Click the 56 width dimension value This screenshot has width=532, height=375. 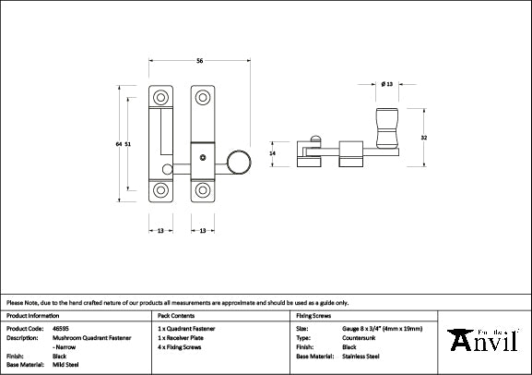point(200,61)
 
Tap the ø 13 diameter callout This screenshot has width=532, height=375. point(387,85)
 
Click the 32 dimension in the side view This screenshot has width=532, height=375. point(423,137)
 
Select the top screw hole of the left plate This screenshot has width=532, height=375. point(161,97)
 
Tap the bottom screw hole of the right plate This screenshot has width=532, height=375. point(201,191)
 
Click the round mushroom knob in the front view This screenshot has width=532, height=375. point(238,164)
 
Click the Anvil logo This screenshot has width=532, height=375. point(488,340)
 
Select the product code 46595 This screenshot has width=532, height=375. point(63,328)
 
